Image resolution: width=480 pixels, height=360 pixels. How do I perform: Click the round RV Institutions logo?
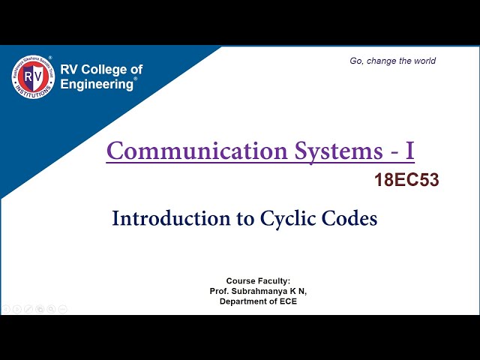(32, 76)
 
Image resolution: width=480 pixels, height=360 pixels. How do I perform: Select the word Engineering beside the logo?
(97, 84)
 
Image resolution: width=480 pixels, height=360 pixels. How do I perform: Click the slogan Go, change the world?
(392, 61)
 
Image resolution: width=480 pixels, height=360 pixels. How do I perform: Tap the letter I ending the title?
(409, 151)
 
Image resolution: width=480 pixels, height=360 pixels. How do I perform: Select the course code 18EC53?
(406, 180)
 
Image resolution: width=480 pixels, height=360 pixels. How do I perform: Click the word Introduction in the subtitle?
(169, 218)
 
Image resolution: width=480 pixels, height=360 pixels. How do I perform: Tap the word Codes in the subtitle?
(349, 218)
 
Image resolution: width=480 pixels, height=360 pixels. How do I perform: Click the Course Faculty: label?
(258, 280)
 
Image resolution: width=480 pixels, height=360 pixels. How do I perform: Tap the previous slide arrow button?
(6, 308)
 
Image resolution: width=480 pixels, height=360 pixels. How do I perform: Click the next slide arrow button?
(17, 308)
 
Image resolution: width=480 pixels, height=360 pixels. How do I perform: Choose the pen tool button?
(28, 308)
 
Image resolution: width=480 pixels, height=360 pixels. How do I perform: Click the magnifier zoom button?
(51, 308)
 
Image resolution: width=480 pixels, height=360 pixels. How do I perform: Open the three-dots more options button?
(62, 308)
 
